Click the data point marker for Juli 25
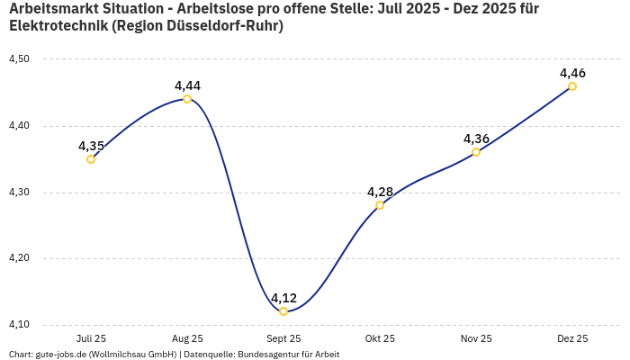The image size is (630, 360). point(91,159)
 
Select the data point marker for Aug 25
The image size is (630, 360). point(187,99)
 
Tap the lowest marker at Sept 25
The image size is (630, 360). point(283,311)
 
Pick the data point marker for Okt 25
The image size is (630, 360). point(380,205)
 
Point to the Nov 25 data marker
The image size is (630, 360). point(476,152)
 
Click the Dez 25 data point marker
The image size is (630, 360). point(572,86)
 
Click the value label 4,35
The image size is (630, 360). point(91,146)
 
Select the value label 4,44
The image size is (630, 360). point(187,85)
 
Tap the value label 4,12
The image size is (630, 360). point(283,298)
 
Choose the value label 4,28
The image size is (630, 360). point(380,192)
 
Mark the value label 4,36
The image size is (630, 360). point(476,139)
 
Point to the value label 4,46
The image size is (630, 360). point(572,73)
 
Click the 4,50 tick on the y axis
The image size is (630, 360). point(19,59)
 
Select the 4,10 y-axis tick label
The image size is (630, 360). point(19,325)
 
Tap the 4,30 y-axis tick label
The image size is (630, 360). point(19,193)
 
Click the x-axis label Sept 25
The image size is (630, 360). point(283,338)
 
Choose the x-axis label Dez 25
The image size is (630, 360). point(572,338)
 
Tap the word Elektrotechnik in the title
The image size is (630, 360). point(58,26)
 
